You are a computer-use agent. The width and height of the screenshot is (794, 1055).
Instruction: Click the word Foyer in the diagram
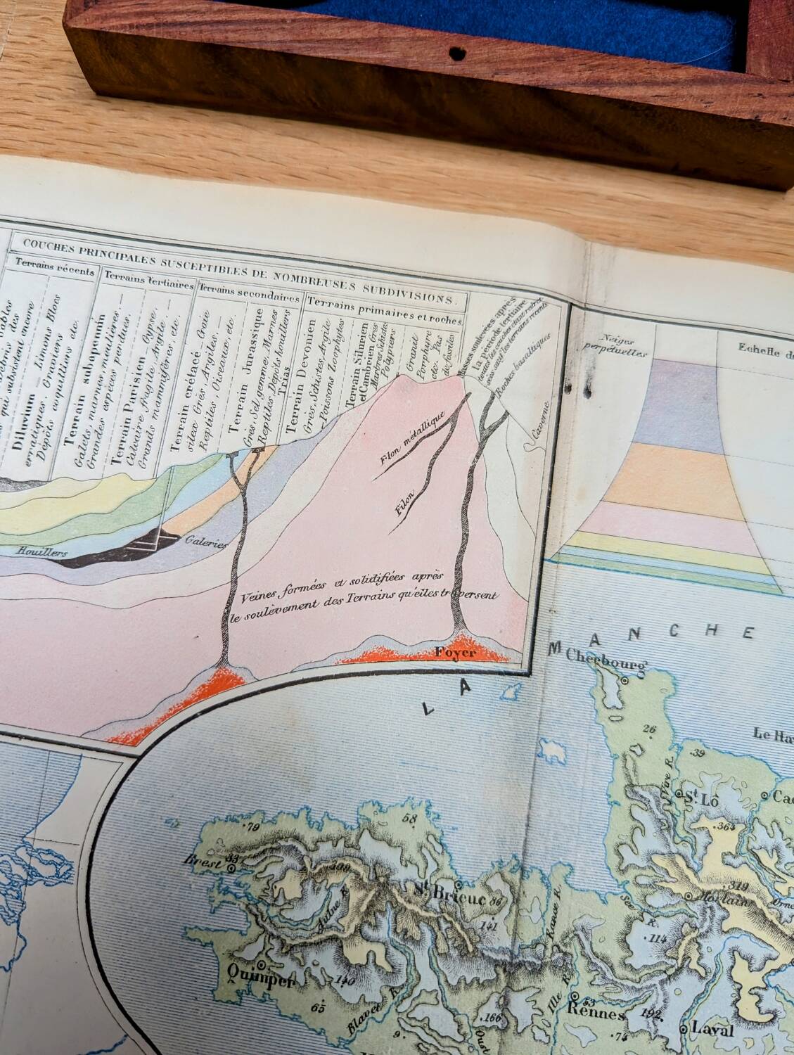456,652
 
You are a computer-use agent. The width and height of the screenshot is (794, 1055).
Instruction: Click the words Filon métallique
409,442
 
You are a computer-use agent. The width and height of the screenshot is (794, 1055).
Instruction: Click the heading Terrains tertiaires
149,282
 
